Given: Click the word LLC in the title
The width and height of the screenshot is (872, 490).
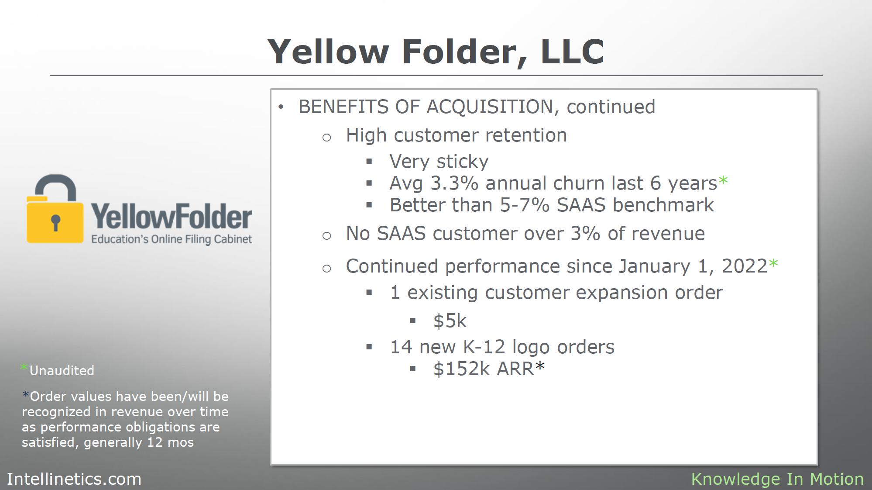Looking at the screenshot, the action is [x=572, y=52].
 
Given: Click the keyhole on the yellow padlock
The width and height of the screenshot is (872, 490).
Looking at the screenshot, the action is [x=55, y=222].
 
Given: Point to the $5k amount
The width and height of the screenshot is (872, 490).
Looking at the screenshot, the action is [x=450, y=321].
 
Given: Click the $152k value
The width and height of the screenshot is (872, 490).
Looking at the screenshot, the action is [x=461, y=369].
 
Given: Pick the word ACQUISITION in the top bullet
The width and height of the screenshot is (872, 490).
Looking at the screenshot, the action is [x=490, y=107].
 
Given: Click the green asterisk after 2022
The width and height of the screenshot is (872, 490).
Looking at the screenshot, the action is [x=773, y=263].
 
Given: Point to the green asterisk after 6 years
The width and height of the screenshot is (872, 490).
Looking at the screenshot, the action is [x=723, y=180].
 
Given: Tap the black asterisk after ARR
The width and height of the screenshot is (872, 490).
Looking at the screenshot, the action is [x=540, y=366].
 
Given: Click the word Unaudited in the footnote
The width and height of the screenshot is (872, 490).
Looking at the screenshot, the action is [x=62, y=371].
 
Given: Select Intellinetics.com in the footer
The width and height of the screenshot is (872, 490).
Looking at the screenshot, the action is [x=74, y=479].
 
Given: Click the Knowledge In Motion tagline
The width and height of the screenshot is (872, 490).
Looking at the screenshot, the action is [x=777, y=479].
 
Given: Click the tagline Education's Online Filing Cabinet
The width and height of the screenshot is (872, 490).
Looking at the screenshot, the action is [x=172, y=239].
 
